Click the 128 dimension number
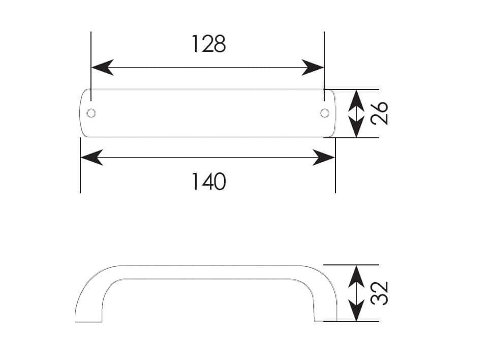pos(208,44)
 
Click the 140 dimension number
pos(208,182)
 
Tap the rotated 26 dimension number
pos(379,113)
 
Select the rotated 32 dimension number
pos(379,293)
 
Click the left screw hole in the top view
pos(91,113)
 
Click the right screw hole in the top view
pos(324,113)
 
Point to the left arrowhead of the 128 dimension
pos(102,67)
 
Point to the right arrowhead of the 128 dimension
pos(313,67)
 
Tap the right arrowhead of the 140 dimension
pos(324,157)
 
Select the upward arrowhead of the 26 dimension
pos(356,101)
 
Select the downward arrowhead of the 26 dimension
pos(356,127)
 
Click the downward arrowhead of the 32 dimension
pos(356,311)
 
